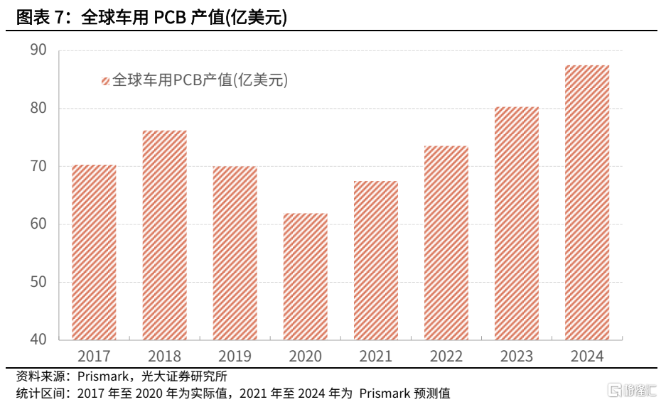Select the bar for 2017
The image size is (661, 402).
click(x=94, y=252)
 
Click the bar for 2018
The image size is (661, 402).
click(x=164, y=235)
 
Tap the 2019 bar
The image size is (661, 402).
click(x=235, y=253)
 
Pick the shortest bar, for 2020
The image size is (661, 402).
click(x=305, y=276)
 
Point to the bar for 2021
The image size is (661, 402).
click(x=375, y=260)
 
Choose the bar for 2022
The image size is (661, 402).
click(x=446, y=243)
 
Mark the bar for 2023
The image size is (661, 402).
click(x=516, y=223)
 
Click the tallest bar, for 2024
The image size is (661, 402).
click(x=587, y=202)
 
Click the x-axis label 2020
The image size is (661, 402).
click(x=305, y=357)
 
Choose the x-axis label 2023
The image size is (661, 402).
click(x=516, y=357)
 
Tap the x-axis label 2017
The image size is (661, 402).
click(x=94, y=357)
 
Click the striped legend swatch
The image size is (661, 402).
click(x=105, y=81)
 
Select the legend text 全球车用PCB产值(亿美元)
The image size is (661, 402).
click(x=200, y=81)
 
